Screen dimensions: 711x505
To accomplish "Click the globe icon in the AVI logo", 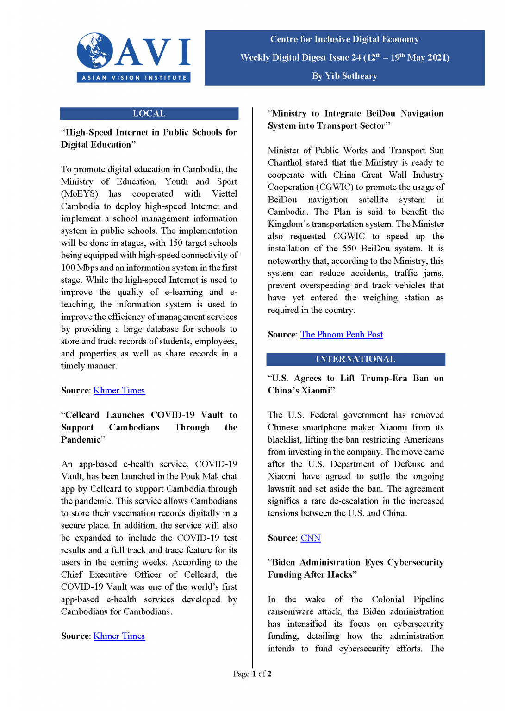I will tap(95, 50).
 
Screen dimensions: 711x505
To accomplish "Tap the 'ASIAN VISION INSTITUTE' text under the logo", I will tap(134, 78).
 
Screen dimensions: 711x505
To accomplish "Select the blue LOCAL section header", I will tap(149, 113).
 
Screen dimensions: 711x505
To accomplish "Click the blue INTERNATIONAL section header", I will tap(355, 359).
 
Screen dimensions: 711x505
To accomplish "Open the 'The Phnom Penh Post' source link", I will tap(342, 335).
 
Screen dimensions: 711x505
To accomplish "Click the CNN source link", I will tap(311, 538).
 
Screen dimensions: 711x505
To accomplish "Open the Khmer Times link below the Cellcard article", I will tap(119, 636).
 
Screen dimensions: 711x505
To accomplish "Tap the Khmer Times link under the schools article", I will tap(119, 391).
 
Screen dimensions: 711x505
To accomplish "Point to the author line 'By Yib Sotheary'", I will tap(344, 76).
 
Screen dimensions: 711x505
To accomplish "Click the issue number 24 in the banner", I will tap(356, 58).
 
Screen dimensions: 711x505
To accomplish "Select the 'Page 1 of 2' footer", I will tap(252, 674).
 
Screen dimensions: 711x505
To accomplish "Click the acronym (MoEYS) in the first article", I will tap(80, 194).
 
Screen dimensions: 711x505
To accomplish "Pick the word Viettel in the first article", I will tap(224, 194).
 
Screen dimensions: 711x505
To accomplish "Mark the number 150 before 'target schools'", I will tap(175, 243).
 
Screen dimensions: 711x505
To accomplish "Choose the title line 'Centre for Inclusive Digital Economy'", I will tap(344, 39).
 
